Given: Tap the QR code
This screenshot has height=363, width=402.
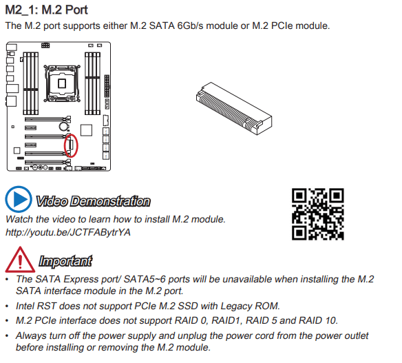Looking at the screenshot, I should tap(317, 214).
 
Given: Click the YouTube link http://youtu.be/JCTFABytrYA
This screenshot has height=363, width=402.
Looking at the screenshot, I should tap(68, 232).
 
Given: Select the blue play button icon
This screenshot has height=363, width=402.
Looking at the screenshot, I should tap(18, 200).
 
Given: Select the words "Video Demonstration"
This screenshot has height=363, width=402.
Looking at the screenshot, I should tap(92, 201).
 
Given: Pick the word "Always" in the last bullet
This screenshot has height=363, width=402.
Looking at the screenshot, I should tap(32, 336).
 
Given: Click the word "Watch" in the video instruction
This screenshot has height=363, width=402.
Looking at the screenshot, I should tap(19, 219).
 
